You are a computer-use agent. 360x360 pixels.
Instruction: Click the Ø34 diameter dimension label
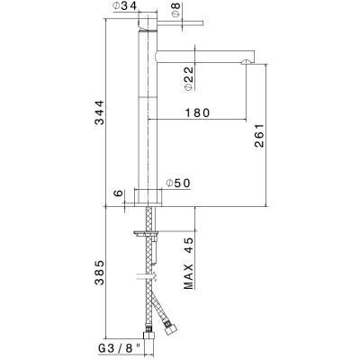tap(125, 5)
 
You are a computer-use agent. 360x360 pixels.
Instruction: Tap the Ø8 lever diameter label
tap(176, 10)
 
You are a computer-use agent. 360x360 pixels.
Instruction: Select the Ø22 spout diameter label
tap(189, 78)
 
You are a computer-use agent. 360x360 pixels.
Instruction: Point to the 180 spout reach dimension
tap(197, 112)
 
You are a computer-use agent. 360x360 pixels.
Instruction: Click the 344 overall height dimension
tap(99, 112)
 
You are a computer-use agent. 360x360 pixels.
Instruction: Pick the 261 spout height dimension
tap(259, 135)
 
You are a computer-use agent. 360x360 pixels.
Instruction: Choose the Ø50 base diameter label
tap(178, 183)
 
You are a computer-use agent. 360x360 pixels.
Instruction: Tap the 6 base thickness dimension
tap(119, 193)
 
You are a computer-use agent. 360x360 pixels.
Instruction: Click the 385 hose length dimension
tap(99, 273)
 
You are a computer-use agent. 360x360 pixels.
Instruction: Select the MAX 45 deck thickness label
tap(189, 264)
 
